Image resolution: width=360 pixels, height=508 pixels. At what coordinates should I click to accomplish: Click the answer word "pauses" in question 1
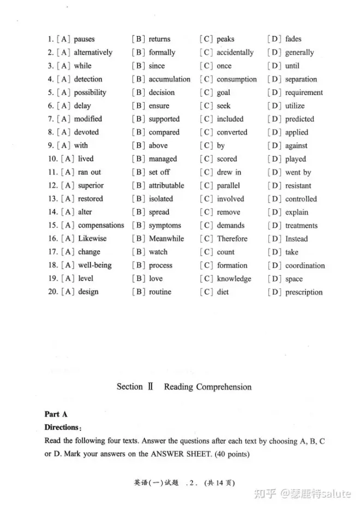click(84, 39)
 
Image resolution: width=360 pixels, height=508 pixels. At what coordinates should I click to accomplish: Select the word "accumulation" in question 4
click(170, 79)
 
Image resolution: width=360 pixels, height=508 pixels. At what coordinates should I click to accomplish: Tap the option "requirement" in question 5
click(304, 93)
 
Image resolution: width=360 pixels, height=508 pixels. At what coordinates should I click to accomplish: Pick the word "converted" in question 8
click(232, 133)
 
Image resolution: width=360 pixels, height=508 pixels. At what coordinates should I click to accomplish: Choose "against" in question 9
click(296, 146)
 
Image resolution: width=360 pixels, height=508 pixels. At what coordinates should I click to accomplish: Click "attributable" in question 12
click(166, 186)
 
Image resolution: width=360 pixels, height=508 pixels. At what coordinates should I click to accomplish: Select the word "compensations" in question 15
click(101, 225)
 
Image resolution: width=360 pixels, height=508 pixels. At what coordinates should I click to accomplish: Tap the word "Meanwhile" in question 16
click(166, 239)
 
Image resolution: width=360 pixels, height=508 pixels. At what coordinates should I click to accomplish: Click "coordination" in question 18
click(305, 266)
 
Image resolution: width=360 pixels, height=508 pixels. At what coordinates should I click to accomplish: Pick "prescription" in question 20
click(304, 292)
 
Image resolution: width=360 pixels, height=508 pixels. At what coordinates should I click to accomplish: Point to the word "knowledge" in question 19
click(234, 279)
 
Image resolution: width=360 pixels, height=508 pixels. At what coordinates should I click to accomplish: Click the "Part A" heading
click(56, 415)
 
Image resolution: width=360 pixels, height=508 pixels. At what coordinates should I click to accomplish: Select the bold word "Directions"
click(61, 428)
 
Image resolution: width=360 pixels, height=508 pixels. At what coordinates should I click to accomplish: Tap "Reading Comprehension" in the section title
click(208, 387)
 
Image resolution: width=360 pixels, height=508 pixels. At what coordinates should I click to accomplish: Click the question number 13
click(52, 199)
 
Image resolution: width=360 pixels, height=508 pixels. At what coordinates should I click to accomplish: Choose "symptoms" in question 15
click(165, 225)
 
